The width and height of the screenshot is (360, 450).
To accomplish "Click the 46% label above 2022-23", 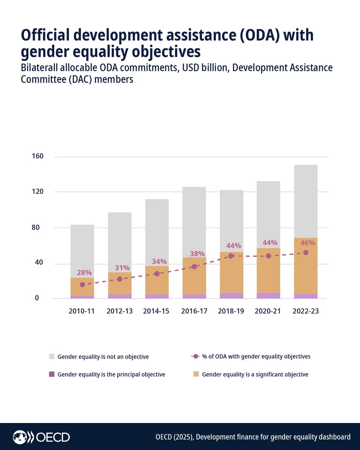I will point(307,243).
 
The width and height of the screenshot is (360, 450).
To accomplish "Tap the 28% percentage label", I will point(84,273).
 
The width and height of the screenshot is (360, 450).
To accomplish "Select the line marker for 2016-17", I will point(194,267).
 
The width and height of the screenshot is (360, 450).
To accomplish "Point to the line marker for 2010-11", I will point(82,285).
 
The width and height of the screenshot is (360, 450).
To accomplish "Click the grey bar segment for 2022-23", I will point(306,201).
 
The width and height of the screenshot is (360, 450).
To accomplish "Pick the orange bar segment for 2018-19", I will point(231,272).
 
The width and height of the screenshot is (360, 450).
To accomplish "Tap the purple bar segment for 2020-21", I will point(268,295).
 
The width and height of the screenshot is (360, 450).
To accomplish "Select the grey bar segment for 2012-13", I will point(120,242).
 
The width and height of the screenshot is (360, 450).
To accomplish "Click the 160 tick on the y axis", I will point(37,156).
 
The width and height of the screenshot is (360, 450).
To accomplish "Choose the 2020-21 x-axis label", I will point(268,311).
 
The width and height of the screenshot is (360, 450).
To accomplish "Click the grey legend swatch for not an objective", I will point(52,357).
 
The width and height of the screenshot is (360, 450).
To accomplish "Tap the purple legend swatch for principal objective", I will point(52,374).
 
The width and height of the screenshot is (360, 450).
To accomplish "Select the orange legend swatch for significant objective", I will point(196,374).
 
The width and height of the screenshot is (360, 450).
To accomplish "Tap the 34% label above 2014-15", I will point(159,261).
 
